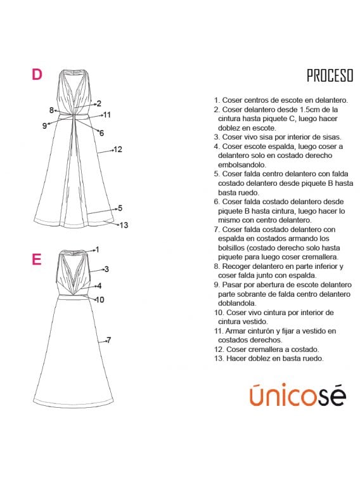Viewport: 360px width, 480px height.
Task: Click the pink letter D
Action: click(37, 74)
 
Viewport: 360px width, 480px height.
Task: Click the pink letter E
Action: click(36, 259)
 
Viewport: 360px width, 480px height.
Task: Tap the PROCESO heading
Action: click(330, 75)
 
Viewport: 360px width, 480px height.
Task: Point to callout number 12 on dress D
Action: click(118, 150)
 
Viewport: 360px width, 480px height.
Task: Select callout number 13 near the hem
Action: click(124, 225)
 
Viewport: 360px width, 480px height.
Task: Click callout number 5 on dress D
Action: click(120, 208)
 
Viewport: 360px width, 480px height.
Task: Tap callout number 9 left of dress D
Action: click(44, 126)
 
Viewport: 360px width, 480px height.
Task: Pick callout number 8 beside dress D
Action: click(51, 110)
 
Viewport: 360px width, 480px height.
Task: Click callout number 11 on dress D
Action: click(106, 115)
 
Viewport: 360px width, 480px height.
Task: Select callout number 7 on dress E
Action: click(108, 340)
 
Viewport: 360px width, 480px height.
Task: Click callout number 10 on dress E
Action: click(100, 300)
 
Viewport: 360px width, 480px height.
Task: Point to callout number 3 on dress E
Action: click(106, 269)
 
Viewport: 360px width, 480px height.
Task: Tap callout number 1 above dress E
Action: click(97, 250)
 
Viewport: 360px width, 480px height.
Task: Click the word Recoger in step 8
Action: click(236, 266)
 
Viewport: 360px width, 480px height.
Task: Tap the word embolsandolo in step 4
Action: click(242, 165)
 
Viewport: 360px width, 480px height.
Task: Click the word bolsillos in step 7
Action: click(231, 248)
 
